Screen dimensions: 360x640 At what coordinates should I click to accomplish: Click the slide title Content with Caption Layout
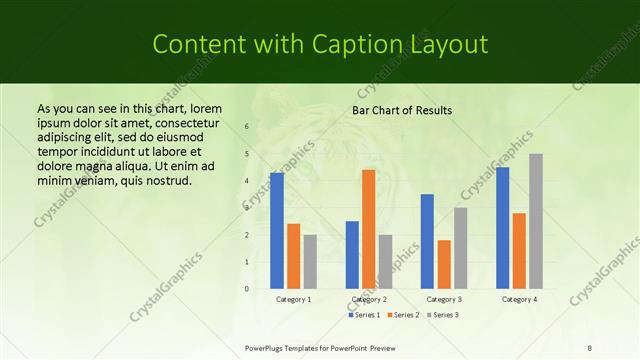pyautogui.click(x=319, y=44)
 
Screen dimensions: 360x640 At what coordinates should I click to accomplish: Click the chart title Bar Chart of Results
pyautogui.click(x=402, y=110)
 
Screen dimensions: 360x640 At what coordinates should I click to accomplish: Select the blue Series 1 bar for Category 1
pyautogui.click(x=277, y=230)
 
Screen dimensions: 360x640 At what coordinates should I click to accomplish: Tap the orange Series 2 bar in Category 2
pyautogui.click(x=369, y=229)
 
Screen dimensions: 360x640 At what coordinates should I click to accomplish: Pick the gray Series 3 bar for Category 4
pyautogui.click(x=536, y=221)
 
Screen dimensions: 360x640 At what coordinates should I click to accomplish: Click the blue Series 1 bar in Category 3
pyautogui.click(x=427, y=241)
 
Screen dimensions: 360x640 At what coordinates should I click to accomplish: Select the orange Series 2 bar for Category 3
pyautogui.click(x=444, y=264)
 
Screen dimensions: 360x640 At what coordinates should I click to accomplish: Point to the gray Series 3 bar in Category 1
pyautogui.click(x=310, y=261)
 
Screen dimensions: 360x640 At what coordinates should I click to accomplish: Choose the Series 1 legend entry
pyautogui.click(x=365, y=315)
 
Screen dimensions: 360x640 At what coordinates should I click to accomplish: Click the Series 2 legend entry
pyautogui.click(x=403, y=315)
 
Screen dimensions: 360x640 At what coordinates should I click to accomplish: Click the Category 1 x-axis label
pyautogui.click(x=293, y=299)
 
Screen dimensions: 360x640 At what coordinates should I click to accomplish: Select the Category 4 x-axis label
pyautogui.click(x=519, y=299)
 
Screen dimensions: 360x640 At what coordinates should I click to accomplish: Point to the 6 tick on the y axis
pyautogui.click(x=247, y=126)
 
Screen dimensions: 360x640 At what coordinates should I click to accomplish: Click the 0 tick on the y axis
pyautogui.click(x=247, y=289)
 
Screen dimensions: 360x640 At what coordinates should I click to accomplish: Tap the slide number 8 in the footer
pyautogui.click(x=590, y=347)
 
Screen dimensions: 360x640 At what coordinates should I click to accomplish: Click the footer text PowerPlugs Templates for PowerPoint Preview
pyautogui.click(x=320, y=347)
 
